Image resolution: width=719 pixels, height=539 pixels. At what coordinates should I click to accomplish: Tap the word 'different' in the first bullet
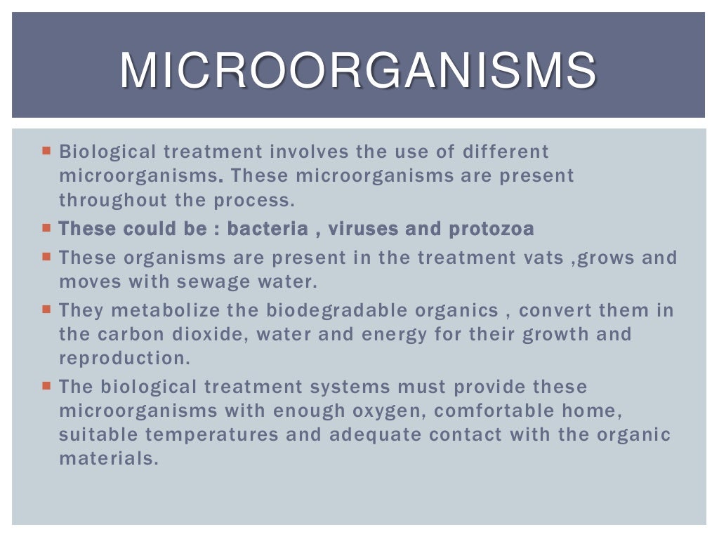[x=506, y=152]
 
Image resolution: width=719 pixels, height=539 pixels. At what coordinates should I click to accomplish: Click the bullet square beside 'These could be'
[x=47, y=228]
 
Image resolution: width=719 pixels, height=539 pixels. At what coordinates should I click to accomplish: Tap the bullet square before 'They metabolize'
[x=47, y=309]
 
